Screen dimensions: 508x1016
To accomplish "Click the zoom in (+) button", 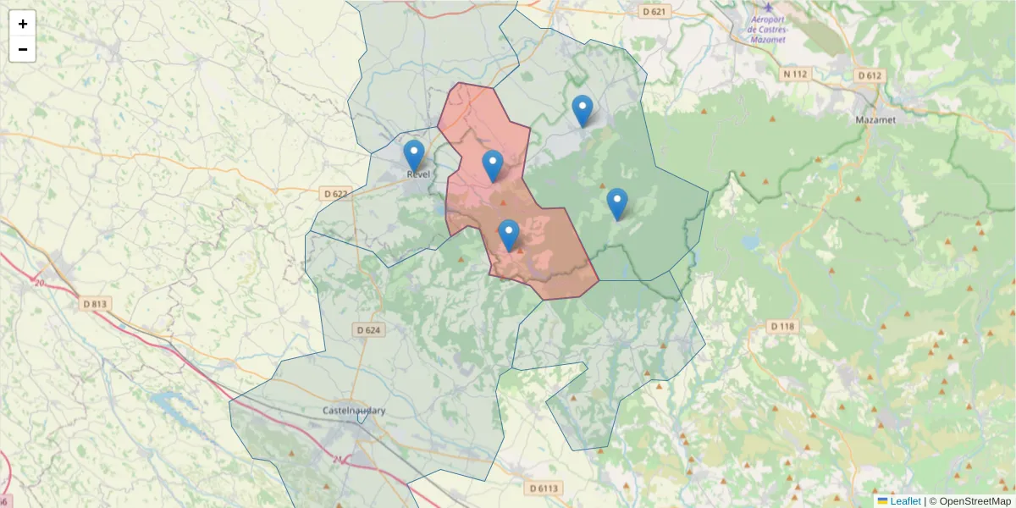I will (23, 24).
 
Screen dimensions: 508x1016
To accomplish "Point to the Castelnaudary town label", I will (354, 411).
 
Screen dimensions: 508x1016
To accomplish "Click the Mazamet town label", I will (875, 119).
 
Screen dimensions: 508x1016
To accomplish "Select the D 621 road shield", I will (654, 12).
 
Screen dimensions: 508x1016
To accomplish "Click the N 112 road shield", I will (796, 75).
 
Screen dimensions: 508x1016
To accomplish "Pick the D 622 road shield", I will (335, 194).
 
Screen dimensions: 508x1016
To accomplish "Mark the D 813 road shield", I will (97, 303).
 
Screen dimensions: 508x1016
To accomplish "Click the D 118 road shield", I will (783, 326).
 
